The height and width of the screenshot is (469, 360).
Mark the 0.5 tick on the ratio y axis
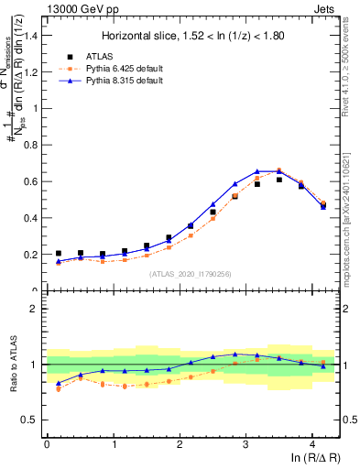(30, 420)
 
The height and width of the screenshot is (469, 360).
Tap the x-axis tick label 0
(47, 444)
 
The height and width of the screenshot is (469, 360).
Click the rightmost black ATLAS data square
(323, 206)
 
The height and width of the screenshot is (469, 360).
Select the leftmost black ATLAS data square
(59, 253)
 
